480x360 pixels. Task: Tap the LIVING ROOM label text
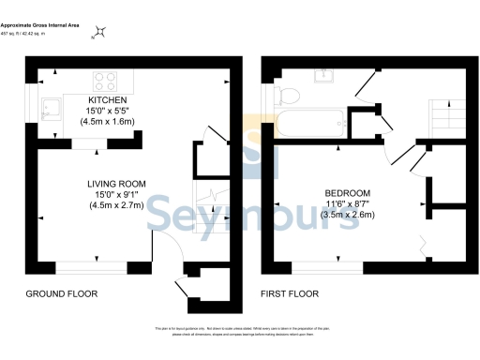coord(114,184)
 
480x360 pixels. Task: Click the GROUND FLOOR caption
coord(61,293)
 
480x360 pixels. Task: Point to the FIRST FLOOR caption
coord(289,293)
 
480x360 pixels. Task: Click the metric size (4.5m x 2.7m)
coord(114,205)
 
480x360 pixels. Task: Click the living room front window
coord(94,266)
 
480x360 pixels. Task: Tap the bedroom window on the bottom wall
coord(333,266)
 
